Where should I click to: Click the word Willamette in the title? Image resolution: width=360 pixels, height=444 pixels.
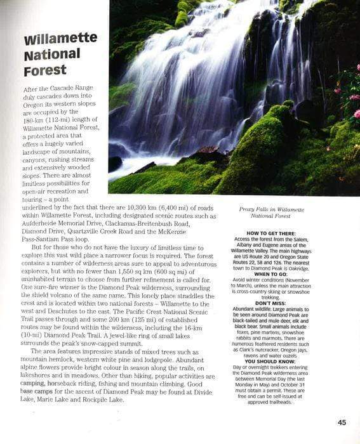[60, 39]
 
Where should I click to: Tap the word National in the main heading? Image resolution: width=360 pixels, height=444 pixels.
[51, 55]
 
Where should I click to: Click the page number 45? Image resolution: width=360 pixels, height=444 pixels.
[342, 422]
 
